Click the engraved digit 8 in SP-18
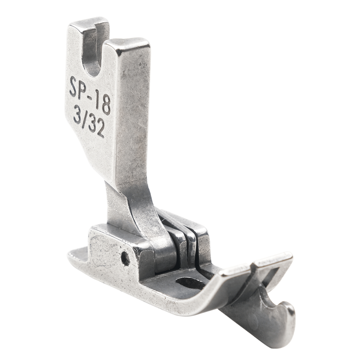pyautogui.click(x=106, y=105)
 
